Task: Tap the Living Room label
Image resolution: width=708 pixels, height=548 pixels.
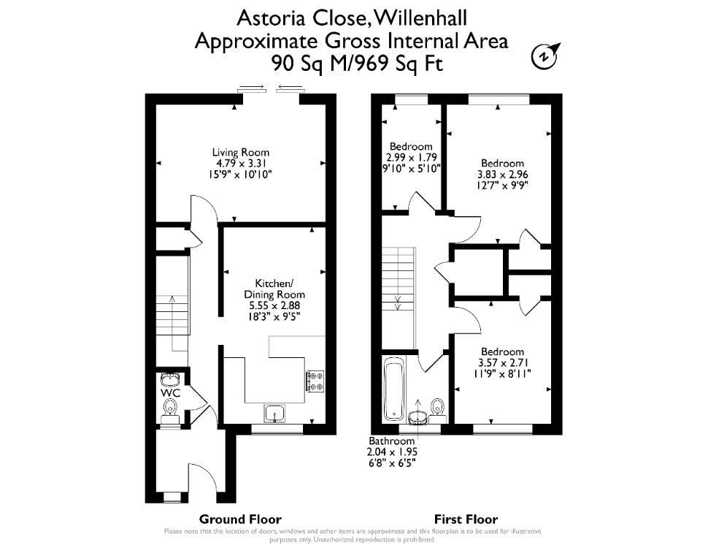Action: pos(241,153)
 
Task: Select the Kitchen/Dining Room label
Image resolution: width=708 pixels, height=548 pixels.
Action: pos(274,289)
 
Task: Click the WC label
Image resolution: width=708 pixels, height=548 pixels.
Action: pos(171,393)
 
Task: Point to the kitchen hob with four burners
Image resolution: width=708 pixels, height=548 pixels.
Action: pos(315,381)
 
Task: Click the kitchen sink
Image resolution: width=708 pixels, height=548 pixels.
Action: pos(274,414)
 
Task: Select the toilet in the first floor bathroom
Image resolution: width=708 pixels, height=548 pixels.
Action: pos(437,406)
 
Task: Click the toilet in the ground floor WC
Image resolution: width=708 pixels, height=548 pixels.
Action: pos(170,408)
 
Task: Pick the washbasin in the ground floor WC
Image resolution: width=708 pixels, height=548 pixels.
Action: pos(171,378)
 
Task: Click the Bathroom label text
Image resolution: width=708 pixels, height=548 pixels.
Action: pos(391,441)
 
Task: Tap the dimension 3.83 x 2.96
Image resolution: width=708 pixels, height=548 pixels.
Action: pos(503,174)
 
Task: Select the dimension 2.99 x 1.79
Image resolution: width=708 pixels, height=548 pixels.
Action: pos(412,157)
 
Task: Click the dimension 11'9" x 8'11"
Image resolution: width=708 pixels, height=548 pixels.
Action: pos(503,373)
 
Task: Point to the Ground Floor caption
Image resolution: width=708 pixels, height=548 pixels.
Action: pos(240,519)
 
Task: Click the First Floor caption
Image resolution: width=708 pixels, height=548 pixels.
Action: pos(466,519)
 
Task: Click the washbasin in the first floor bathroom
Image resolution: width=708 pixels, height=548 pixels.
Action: pos(418,418)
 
